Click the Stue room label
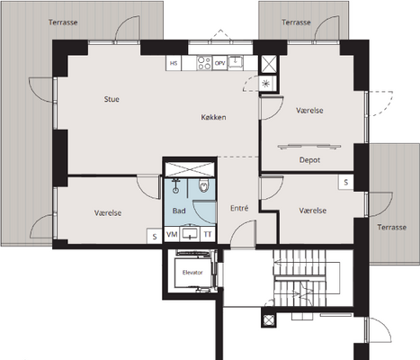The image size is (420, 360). pos(112,99)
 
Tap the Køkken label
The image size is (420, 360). pos(213,117)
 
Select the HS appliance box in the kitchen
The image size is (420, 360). pos(174,63)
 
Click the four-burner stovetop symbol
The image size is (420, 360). pos(204,63)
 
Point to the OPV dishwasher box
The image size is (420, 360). pos(219,63)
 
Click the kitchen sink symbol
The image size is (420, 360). pos(236,62)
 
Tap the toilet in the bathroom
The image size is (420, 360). pos(203,186)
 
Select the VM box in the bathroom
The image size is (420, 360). pos(172,234)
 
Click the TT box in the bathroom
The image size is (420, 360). pos(208,234)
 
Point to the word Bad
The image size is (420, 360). pos(179,211)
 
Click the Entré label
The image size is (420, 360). pos(239,208)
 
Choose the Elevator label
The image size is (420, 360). pos(192,273)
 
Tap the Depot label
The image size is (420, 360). pos(309,160)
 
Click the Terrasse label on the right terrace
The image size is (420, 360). pos(391,227)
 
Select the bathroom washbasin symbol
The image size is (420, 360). pos(190,234)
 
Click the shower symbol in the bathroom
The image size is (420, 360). pos(175,186)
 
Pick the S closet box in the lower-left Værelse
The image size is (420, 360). pos(155,236)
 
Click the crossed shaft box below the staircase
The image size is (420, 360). pos(269,320)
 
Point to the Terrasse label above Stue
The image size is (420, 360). pos(63,22)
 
